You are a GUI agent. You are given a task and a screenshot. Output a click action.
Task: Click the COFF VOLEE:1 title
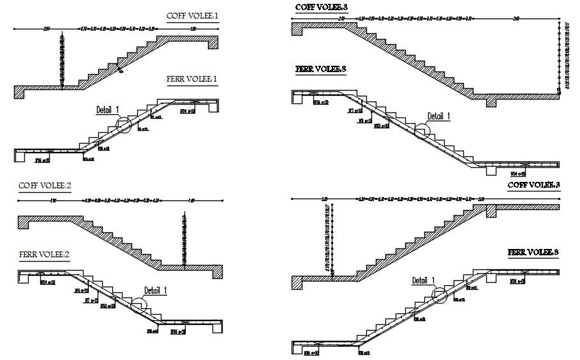pos(192,16)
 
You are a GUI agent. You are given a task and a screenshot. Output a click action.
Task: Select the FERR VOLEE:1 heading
pos(192,80)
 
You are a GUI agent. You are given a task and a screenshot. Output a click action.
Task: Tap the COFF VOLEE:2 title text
pos(45,186)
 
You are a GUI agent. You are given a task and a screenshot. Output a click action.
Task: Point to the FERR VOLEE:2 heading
pos(44,254)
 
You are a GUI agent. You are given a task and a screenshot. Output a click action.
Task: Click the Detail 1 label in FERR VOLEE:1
pos(107,110)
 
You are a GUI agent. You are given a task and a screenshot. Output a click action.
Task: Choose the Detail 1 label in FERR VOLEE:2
pos(155,290)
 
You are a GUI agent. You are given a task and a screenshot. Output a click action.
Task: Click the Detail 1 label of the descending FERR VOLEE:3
pos(439,116)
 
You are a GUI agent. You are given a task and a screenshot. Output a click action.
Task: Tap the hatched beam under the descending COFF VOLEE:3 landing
pos(491,101)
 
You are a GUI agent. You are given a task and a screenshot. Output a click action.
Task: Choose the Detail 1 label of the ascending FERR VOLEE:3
pos(423,280)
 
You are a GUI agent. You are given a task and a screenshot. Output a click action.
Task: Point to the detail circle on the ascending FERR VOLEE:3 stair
pos(438,295)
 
